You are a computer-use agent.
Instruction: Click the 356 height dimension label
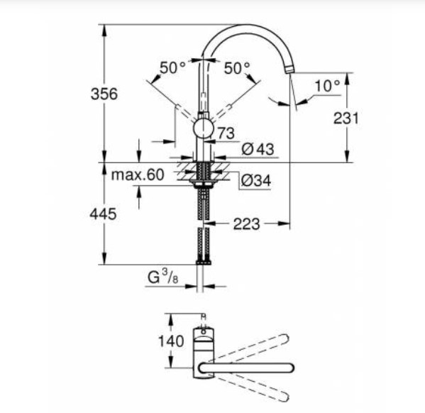(x=104, y=94)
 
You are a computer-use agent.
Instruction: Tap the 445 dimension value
(x=104, y=214)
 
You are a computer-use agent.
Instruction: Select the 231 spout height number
(x=346, y=119)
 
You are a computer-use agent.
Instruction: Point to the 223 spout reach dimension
(x=246, y=224)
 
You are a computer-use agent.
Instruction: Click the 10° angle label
(x=327, y=86)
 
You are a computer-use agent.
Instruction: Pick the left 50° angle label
(x=172, y=67)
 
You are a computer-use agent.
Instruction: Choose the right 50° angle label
(x=237, y=68)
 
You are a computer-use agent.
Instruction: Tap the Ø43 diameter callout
(x=258, y=149)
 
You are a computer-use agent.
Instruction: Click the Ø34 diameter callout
(x=256, y=180)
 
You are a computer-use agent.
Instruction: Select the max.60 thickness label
(x=138, y=175)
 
